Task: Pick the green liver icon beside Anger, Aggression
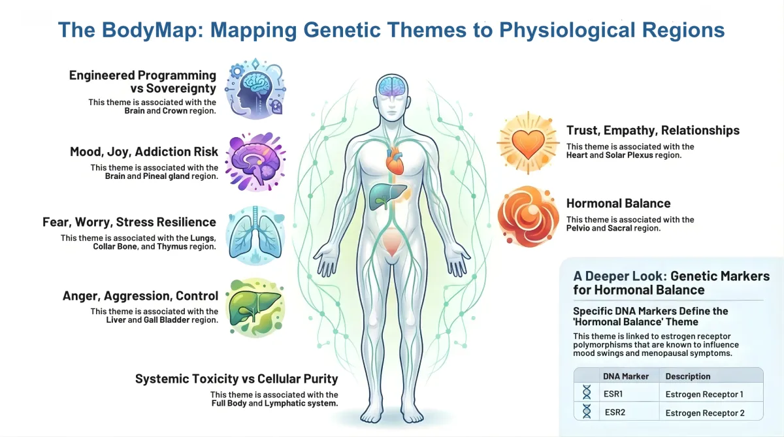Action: tap(255, 306)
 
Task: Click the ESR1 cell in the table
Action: tap(614, 394)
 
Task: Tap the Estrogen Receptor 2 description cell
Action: tap(705, 412)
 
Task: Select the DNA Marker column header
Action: tap(625, 376)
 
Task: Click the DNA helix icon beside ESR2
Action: tap(587, 412)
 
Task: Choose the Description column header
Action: tap(687, 376)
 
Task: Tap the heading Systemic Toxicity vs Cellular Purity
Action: tap(236, 379)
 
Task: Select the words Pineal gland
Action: tap(162, 176)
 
